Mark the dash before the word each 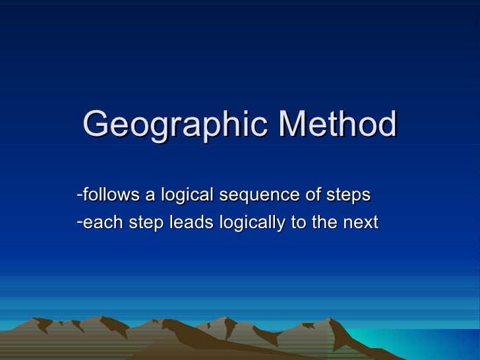[x=79, y=221]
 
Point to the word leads [x=191, y=224]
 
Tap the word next [x=360, y=224]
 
